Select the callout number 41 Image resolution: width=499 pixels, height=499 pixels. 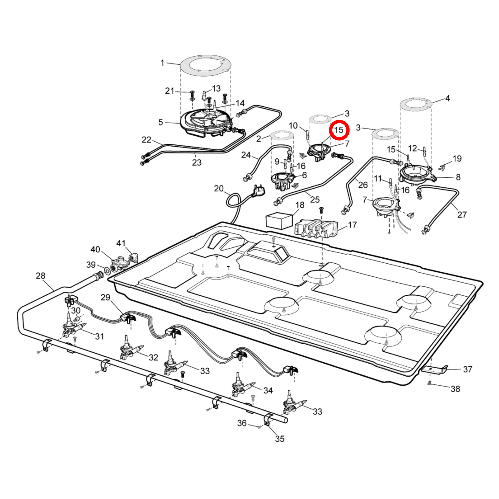click(121, 243)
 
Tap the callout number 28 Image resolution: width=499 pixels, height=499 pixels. click(41, 276)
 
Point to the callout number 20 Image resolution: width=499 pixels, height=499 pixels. click(218, 188)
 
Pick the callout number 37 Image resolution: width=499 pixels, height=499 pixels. click(467, 369)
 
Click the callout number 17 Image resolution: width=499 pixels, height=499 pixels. click(352, 225)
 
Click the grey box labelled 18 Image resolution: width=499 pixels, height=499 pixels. click(279, 220)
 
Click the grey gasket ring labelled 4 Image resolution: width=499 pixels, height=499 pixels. click(416, 105)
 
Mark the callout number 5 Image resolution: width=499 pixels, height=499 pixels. click(161, 122)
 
